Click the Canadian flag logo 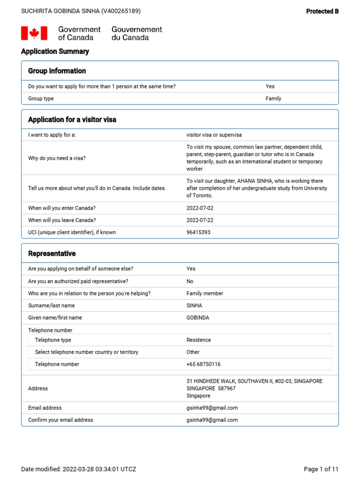tap(34, 33)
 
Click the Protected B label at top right tap(322, 11)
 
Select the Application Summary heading tap(55, 52)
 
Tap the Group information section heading tap(57, 71)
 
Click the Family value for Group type tap(273, 98)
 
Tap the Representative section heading tap(52, 254)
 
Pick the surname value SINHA tap(195, 306)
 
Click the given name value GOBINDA tap(198, 318)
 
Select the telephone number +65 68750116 tap(203, 364)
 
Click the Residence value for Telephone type tap(199, 340)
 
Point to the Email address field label tap(45, 408)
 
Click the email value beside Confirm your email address tap(212, 420)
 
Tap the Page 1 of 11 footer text tap(321, 469)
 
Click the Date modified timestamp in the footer tap(79, 469)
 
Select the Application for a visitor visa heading tap(72, 120)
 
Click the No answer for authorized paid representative tap(190, 281)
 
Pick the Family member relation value tap(205, 293)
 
